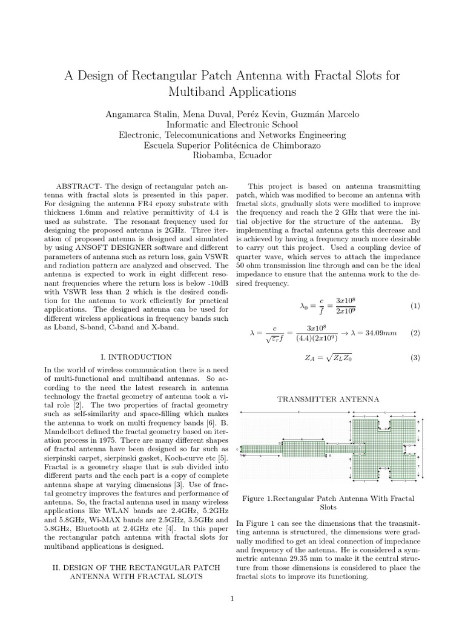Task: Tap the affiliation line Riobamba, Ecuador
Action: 232,155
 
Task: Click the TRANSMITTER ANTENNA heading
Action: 328,399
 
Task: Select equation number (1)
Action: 415,306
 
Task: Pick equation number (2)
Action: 415,333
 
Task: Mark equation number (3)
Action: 415,358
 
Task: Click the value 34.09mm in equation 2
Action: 380,333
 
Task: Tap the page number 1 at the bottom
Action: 232,599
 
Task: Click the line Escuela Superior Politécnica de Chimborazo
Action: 232,145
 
